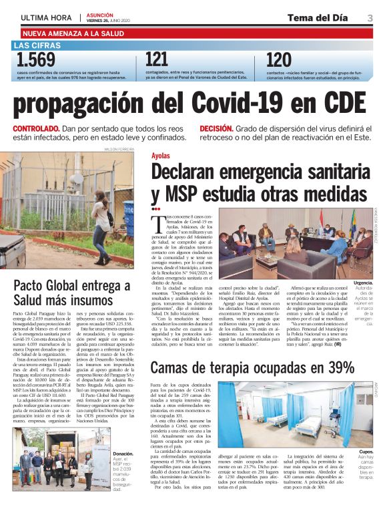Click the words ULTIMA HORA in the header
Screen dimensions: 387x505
[x=46, y=18]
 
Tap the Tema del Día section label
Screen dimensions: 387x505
[x=318, y=17]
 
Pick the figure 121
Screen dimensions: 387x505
[x=157, y=60]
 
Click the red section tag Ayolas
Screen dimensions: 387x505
[x=160, y=155]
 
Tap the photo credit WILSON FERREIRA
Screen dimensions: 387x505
[x=119, y=150]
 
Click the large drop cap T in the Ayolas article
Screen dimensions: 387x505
[x=157, y=221]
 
